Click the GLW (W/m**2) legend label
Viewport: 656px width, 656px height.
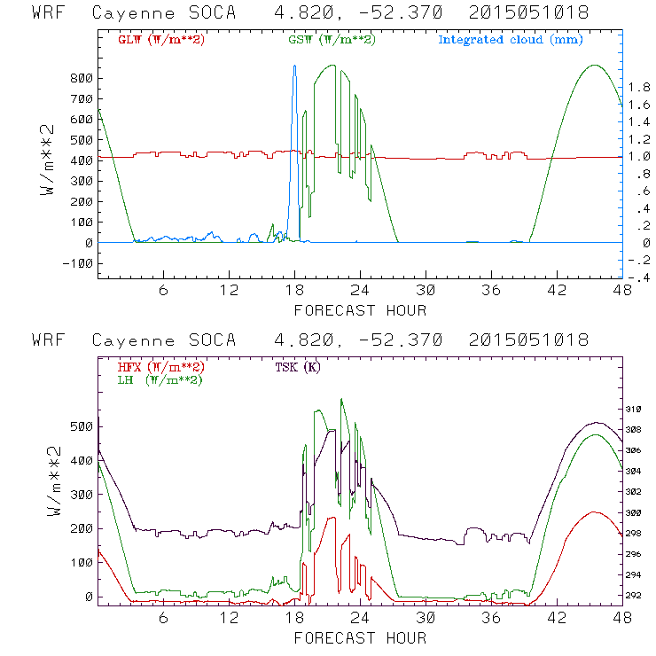tap(153, 40)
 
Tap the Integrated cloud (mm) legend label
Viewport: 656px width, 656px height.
tap(511, 40)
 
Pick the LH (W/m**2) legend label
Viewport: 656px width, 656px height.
tap(156, 380)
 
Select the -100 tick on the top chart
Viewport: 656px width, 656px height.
tap(77, 263)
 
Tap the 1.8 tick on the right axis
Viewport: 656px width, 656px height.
tap(639, 87)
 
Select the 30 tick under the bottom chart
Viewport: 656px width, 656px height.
tap(426, 618)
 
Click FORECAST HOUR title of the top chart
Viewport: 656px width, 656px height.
tap(360, 310)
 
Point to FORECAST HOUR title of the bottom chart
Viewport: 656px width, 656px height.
tap(360, 638)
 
